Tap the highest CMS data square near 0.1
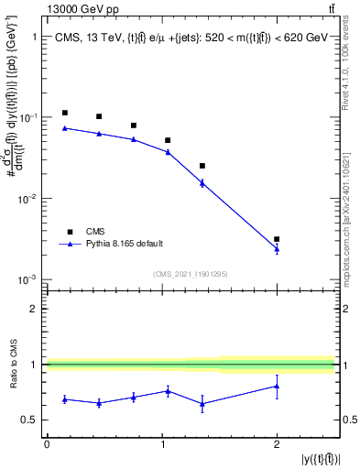tap(65, 113)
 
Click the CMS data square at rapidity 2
tap(277, 239)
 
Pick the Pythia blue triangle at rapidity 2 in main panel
tap(277, 248)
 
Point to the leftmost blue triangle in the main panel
tap(65, 128)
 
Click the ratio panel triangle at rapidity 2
tap(277, 386)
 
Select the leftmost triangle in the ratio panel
tap(65, 398)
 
